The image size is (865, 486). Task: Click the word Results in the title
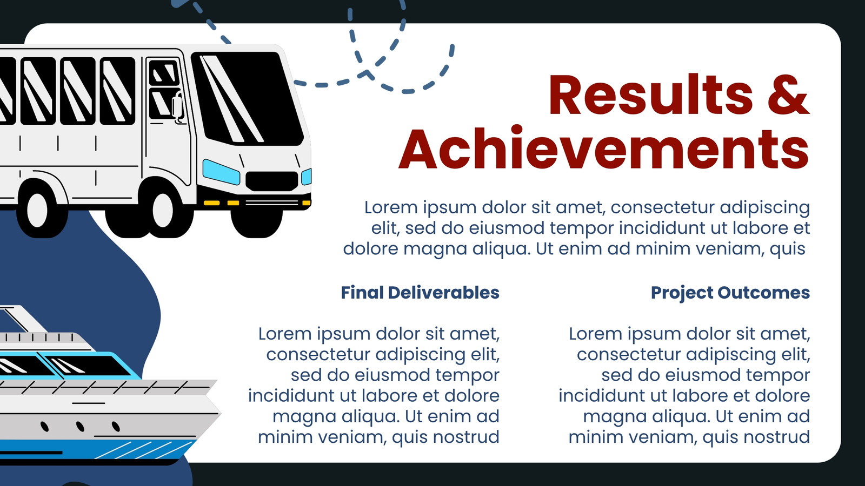pos(651,94)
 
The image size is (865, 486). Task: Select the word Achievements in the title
pos(604,148)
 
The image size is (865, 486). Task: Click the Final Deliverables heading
pos(420,293)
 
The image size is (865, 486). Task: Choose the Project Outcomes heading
pos(730,293)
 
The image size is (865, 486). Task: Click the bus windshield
pos(247,98)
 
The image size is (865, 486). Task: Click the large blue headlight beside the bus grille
pos(221,172)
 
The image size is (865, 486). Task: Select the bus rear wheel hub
pos(37,210)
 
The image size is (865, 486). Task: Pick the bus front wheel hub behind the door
pos(163,210)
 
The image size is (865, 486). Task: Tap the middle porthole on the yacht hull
pos(80,426)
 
